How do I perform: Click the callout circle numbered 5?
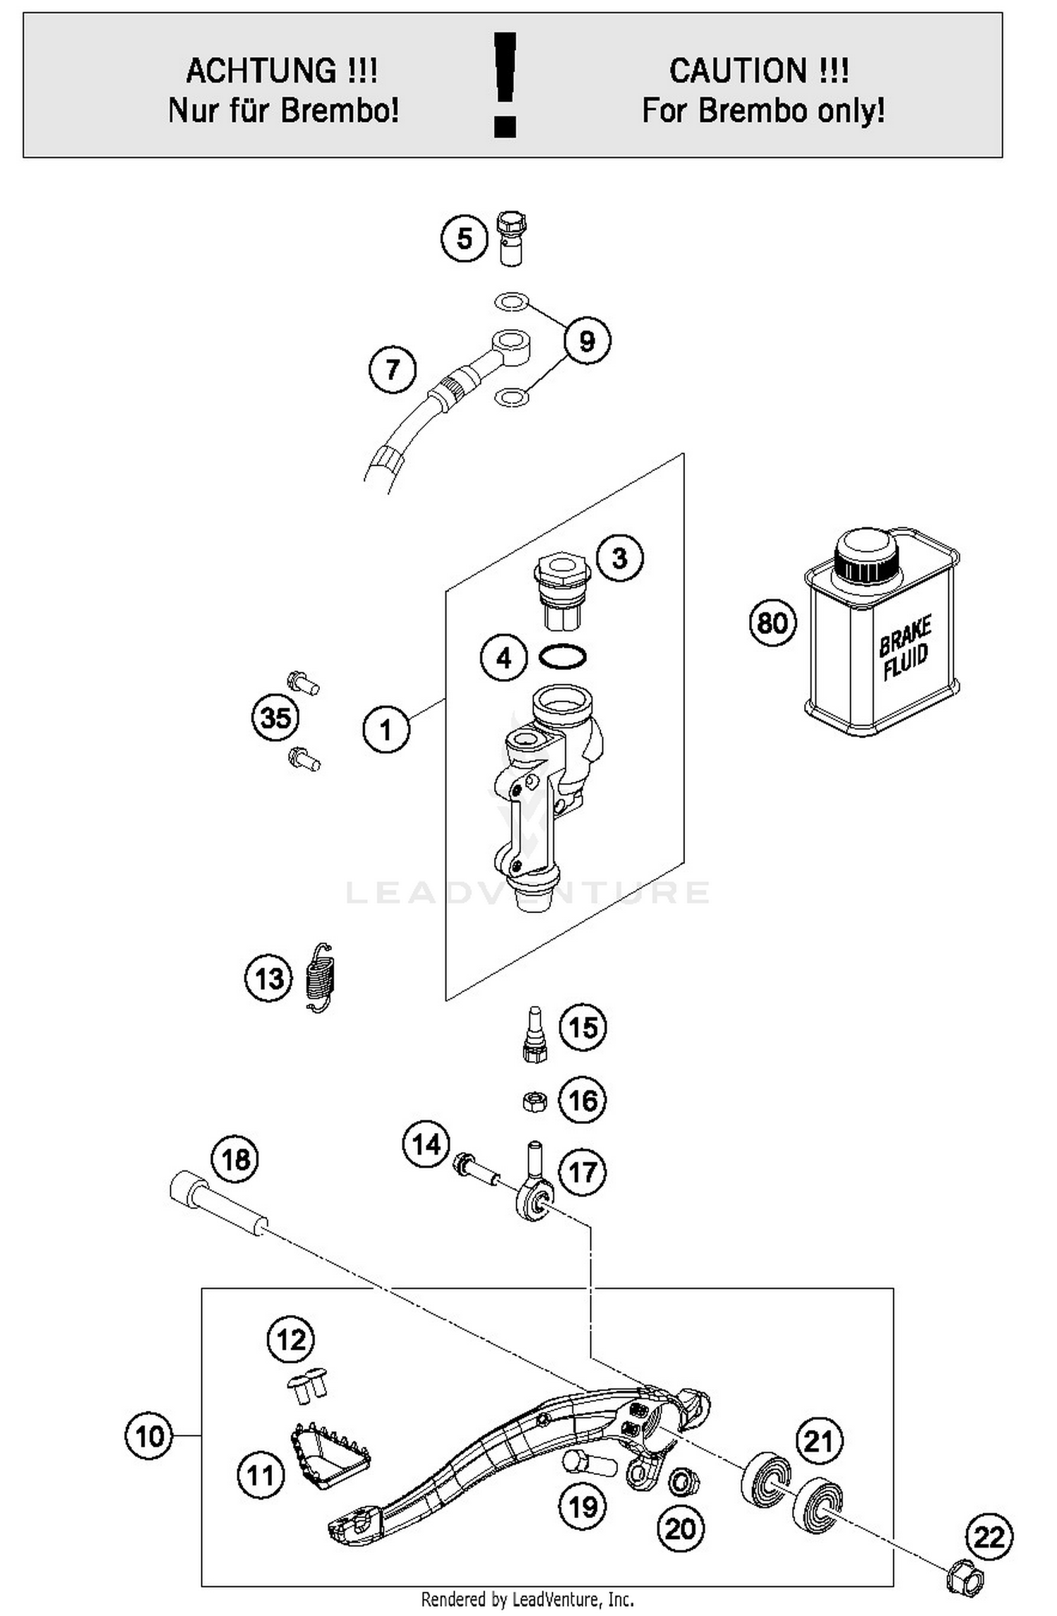pos(464,238)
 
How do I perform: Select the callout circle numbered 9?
pos(586,341)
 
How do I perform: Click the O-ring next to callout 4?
pos(562,657)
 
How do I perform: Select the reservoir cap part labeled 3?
pos(562,591)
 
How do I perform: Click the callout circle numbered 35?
pos(276,718)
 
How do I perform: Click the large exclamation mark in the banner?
pos(505,85)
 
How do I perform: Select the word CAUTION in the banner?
pos(738,71)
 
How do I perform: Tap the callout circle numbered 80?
pos(772,623)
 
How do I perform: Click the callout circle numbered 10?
pos(149,1436)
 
